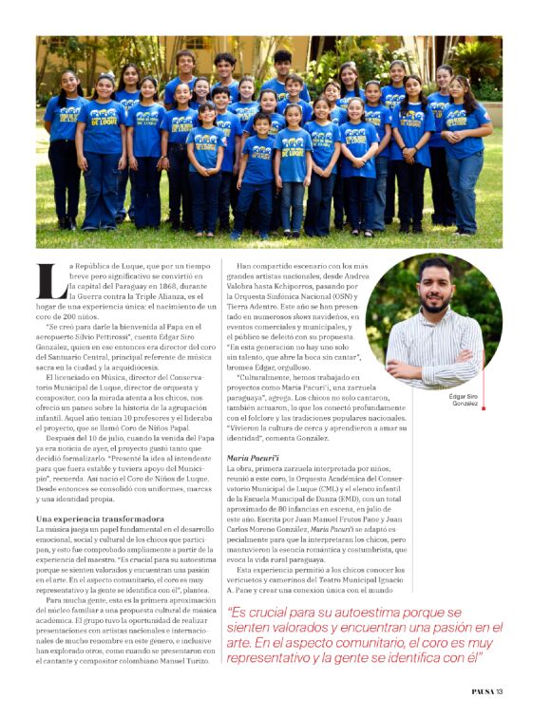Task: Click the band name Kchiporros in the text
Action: [x=306, y=284]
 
